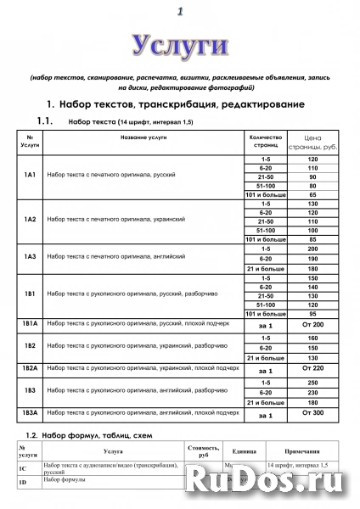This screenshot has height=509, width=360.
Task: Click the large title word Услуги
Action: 179,44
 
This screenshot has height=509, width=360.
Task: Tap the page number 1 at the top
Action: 180,11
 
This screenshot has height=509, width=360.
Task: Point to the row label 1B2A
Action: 30,369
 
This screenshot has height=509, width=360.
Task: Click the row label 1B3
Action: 30,391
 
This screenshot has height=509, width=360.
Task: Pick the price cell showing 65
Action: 312,194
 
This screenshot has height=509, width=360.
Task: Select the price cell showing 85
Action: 312,239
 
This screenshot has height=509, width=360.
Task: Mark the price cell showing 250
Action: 312,383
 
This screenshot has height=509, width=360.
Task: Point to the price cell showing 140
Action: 312,288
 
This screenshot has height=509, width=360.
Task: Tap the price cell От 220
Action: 312,370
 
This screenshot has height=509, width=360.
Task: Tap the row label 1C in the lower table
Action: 23,468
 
